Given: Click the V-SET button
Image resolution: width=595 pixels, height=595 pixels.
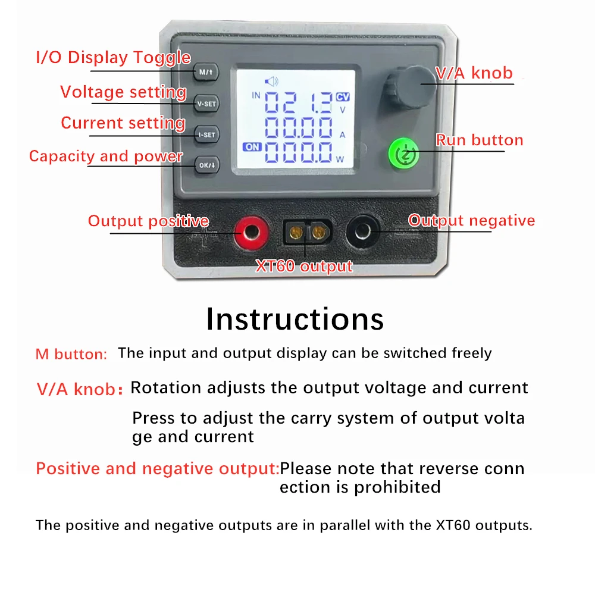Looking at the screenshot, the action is [206, 104].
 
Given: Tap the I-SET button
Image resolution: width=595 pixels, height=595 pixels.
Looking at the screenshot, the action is [207, 134].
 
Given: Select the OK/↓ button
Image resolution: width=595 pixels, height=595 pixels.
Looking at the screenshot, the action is [207, 165].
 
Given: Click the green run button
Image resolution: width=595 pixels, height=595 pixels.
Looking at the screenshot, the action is [404, 154].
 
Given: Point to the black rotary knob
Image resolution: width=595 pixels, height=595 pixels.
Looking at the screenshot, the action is [408, 87].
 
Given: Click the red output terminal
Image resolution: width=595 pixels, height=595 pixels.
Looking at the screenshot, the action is [251, 232].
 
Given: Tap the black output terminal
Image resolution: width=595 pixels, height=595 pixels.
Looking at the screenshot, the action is [363, 231].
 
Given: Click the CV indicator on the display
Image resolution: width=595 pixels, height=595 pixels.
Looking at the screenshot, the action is [343, 97].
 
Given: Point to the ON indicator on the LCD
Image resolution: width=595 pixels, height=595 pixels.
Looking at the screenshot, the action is [252, 147].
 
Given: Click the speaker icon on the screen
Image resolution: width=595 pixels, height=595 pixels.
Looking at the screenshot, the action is [271, 81].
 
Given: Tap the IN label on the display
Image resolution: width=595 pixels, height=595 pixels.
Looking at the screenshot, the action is [256, 95].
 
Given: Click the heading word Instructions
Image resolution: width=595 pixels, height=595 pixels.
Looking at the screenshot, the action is [295, 319].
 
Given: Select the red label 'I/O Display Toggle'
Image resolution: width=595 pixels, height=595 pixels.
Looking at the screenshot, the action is [113, 58].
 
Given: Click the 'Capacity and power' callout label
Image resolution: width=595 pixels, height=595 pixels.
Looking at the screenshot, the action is [106, 156].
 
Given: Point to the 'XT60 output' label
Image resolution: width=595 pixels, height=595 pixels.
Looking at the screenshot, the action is [304, 266].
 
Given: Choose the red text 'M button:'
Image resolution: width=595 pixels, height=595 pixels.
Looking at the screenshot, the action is [71, 354].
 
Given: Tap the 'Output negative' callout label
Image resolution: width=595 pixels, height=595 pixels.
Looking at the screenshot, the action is [471, 221].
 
